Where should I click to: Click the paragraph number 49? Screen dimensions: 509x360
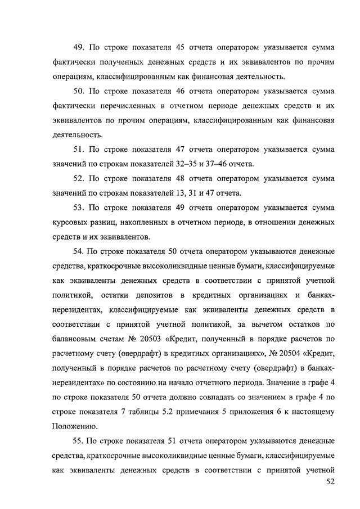pyautogui.click(x=79, y=47)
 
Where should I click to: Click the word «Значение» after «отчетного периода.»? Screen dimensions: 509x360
pyautogui.click(x=283, y=384)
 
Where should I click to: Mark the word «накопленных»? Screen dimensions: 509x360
pyautogui.click(x=143, y=223)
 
